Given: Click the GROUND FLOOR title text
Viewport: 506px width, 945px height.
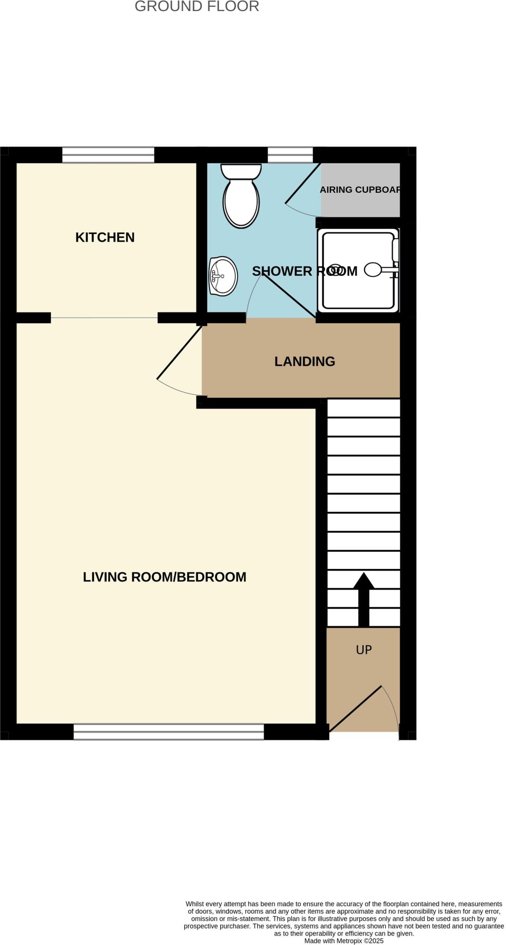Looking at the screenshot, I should point(197,6).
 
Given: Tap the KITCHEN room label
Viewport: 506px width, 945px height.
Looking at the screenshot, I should point(105,237).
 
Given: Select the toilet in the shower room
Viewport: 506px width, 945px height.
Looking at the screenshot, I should point(241,196).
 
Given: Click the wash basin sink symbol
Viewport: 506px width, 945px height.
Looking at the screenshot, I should point(223,276).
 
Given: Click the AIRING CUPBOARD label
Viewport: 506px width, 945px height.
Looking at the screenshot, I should point(360,190).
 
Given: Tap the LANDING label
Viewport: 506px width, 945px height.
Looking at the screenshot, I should point(305,361).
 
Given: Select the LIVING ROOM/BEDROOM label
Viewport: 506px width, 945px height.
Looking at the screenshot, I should point(164,577).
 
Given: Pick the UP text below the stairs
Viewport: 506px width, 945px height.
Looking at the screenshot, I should point(364,650).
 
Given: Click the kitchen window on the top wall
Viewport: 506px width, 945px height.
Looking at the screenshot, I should point(108,155).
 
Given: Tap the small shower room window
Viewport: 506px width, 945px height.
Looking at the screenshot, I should point(290,155).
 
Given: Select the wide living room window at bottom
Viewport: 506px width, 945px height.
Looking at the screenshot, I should point(169,732).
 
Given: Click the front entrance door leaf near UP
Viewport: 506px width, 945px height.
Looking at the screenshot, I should point(355,708).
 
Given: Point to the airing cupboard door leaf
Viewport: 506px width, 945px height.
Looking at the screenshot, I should point(303,183).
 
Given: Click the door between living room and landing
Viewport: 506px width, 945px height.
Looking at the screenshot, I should point(179,353).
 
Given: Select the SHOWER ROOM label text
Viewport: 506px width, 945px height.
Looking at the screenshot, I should point(304,271).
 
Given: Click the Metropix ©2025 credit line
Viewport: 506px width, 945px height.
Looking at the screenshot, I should point(343,941).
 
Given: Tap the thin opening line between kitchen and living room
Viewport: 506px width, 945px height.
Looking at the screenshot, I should point(104,318).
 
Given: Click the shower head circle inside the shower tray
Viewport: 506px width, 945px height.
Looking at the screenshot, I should point(373,270).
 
